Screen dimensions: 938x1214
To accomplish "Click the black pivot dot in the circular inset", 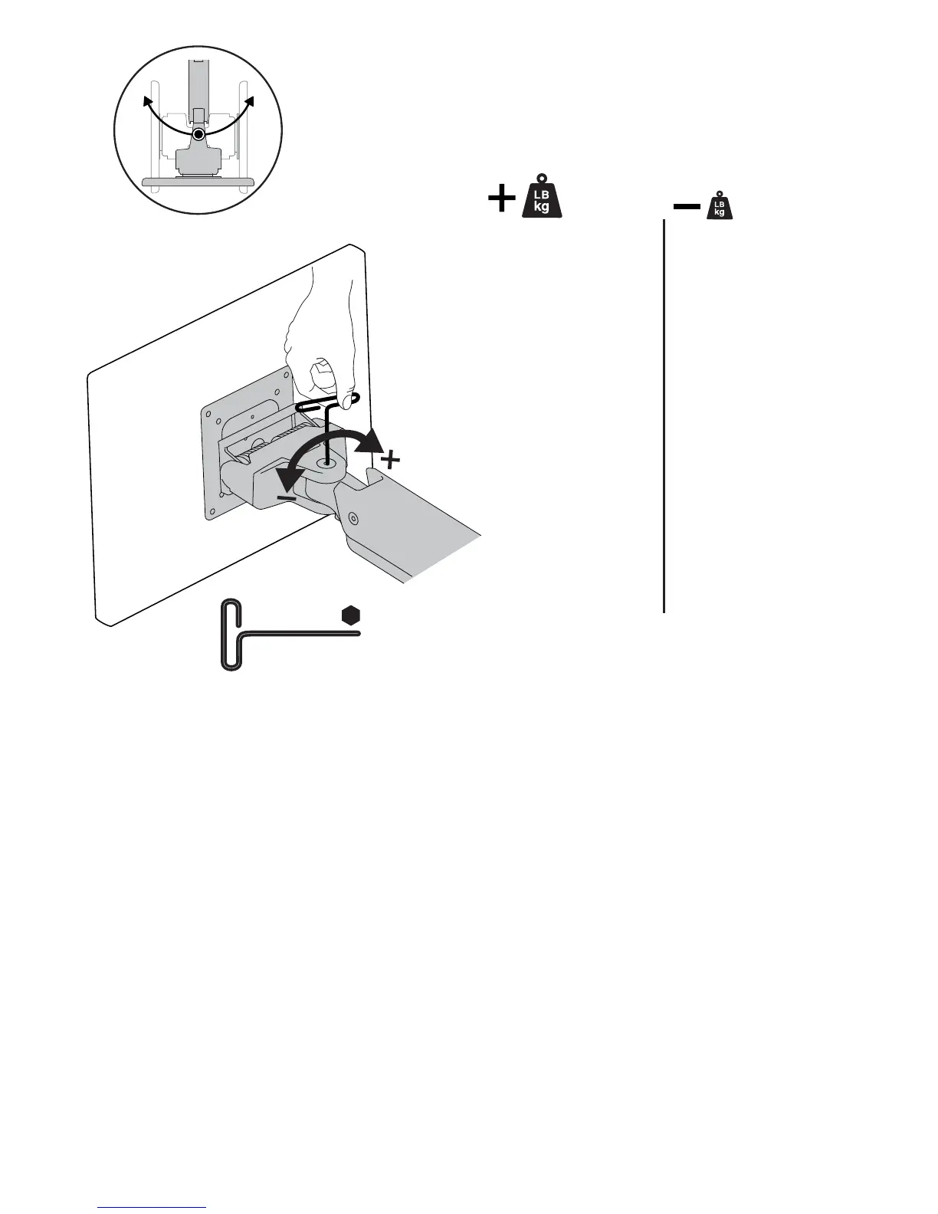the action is coord(198,134).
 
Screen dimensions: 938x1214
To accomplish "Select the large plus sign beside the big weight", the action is coord(502,200).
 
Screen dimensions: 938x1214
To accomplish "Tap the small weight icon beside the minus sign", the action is coord(719,205).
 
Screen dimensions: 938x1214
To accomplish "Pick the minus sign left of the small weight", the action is coord(686,206).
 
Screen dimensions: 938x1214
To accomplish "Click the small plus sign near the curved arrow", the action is coord(391,460).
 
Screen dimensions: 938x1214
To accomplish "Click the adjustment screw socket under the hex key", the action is coord(327,462).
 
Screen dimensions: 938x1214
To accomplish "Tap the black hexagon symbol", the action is coord(351,615).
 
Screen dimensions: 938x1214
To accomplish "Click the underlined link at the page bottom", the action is coord(153,1207).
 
